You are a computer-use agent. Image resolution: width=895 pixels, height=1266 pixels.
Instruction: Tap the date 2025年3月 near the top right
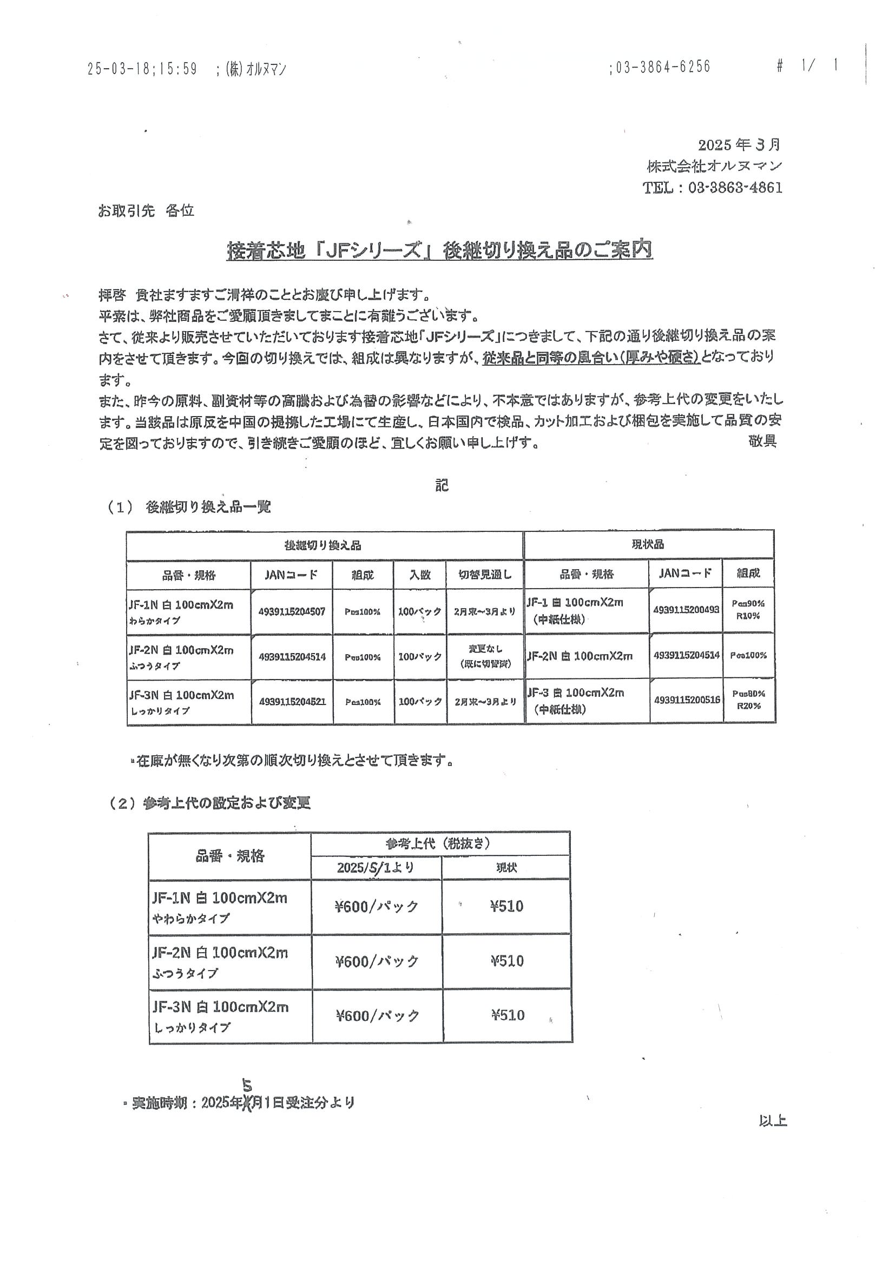point(739,144)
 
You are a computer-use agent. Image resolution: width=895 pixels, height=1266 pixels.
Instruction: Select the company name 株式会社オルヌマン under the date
point(714,166)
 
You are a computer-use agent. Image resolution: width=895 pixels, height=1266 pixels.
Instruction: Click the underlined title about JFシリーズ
point(439,251)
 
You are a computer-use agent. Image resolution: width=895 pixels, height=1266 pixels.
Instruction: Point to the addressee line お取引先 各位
point(146,210)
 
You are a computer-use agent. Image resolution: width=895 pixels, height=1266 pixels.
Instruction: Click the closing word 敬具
point(762,441)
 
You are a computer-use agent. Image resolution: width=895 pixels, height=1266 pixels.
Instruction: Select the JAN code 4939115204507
point(292,611)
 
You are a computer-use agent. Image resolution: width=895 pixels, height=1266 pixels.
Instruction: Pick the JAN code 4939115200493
point(686,610)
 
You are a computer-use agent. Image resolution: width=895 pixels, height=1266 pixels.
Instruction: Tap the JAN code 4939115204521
point(292,702)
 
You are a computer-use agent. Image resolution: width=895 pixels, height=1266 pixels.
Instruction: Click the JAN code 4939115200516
point(687,700)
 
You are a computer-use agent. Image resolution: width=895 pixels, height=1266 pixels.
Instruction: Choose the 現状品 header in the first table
point(647,545)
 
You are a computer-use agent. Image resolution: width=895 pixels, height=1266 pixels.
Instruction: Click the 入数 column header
point(420,575)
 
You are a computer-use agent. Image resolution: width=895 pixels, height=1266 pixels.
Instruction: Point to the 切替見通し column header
point(485,575)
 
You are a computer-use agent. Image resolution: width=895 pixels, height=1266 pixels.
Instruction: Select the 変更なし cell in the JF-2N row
point(485,650)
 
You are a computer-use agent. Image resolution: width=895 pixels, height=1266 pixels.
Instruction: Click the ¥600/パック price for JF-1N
point(377,907)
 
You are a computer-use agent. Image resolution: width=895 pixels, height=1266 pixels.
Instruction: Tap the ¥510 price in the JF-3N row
point(508,1015)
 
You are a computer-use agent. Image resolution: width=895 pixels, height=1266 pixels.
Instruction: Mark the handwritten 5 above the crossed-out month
point(247,1086)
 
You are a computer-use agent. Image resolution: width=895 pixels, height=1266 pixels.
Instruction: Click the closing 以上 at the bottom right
point(773,1120)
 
